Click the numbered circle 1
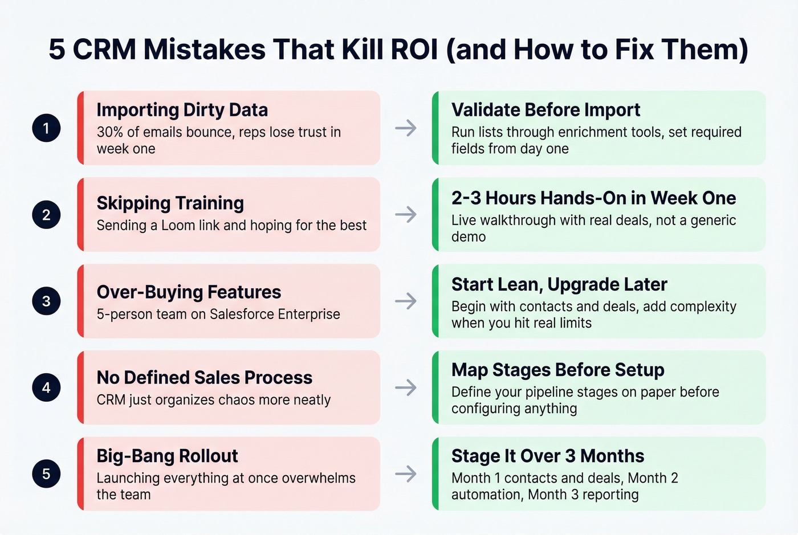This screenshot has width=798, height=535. pyautogui.click(x=46, y=128)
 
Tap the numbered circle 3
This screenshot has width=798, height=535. pyautogui.click(x=46, y=301)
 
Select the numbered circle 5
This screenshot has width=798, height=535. pyautogui.click(x=46, y=473)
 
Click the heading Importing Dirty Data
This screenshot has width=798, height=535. pyautogui.click(x=182, y=109)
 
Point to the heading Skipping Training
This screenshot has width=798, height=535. pyautogui.click(x=170, y=203)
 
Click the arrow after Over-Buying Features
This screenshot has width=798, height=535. pyautogui.click(x=406, y=301)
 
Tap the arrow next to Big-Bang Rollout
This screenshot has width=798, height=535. pyautogui.click(x=406, y=473)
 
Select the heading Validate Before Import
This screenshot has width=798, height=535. pyautogui.click(x=545, y=109)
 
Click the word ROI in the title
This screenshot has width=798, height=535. pyautogui.click(x=414, y=49)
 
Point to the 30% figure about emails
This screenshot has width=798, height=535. pyautogui.click(x=110, y=132)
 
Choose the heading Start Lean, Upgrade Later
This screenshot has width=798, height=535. pyautogui.click(x=559, y=284)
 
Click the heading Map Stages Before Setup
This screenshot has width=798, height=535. pyautogui.click(x=557, y=370)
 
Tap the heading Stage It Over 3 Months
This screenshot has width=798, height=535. pyautogui.click(x=547, y=456)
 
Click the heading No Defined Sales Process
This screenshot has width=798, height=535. pyautogui.click(x=204, y=377)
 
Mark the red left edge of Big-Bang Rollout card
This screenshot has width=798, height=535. pyautogui.click(x=80, y=473)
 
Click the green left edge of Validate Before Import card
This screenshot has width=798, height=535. pyautogui.click(x=435, y=128)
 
